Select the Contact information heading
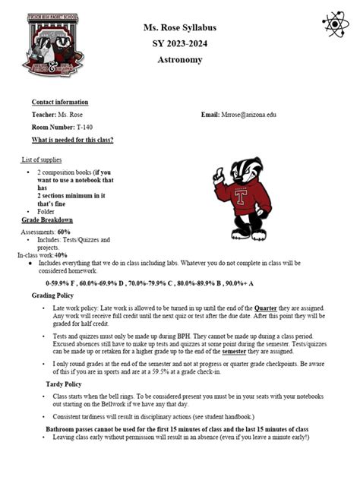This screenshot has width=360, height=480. [x=59, y=103]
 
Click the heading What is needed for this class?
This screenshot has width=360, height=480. [x=72, y=141]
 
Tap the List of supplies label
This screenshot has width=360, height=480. [x=42, y=160]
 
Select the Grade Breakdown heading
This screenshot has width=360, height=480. [x=47, y=219]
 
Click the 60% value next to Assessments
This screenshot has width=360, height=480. [x=63, y=231]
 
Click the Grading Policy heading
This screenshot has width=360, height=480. [x=57, y=295]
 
